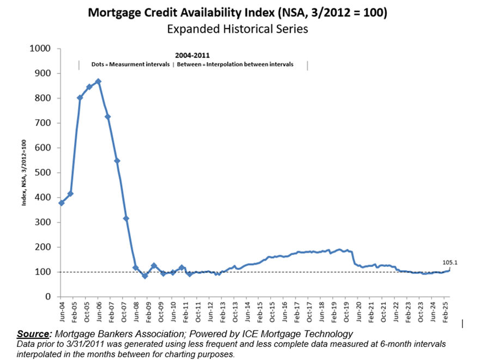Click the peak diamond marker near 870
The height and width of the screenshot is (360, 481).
pos(98,82)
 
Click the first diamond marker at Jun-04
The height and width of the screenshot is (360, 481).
pos(61,203)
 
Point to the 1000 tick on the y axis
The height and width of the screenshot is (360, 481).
pos(40,48)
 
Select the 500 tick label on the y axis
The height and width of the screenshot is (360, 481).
pos(43,173)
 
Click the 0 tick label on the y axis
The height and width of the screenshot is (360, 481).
pos(47,297)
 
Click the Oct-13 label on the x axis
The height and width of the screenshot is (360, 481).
pos(235,311)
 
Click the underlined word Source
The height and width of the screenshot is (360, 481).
pos(33,334)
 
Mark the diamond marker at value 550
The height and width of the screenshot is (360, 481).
pos(117,161)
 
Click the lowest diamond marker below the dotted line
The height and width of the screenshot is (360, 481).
pos(145,276)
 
